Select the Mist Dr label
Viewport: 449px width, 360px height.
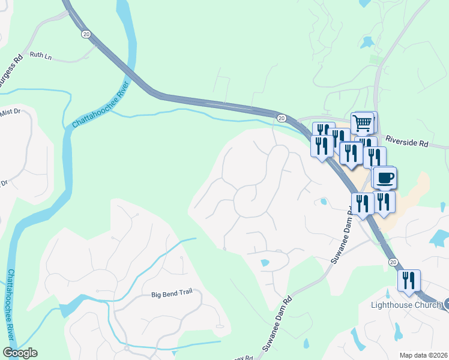pyautogui.click(x=10, y=112)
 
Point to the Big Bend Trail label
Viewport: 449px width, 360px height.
pyautogui.click(x=175, y=295)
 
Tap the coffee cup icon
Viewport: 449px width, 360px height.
pyautogui.click(x=385, y=178)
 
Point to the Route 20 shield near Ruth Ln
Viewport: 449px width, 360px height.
pyautogui.click(x=86, y=35)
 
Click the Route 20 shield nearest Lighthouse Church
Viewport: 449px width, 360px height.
pyautogui.click(x=393, y=262)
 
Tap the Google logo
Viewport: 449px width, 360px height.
pyautogui.click(x=20, y=353)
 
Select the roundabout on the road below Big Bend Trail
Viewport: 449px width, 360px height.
pyautogui.click(x=127, y=347)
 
